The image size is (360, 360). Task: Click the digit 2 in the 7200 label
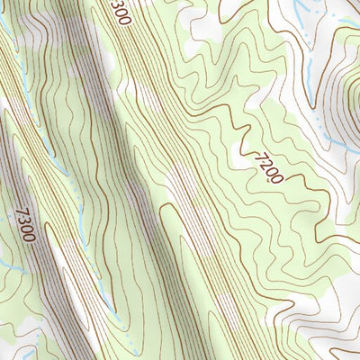click(x=259, y=160)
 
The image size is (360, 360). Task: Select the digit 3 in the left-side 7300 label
click(x=23, y=217)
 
